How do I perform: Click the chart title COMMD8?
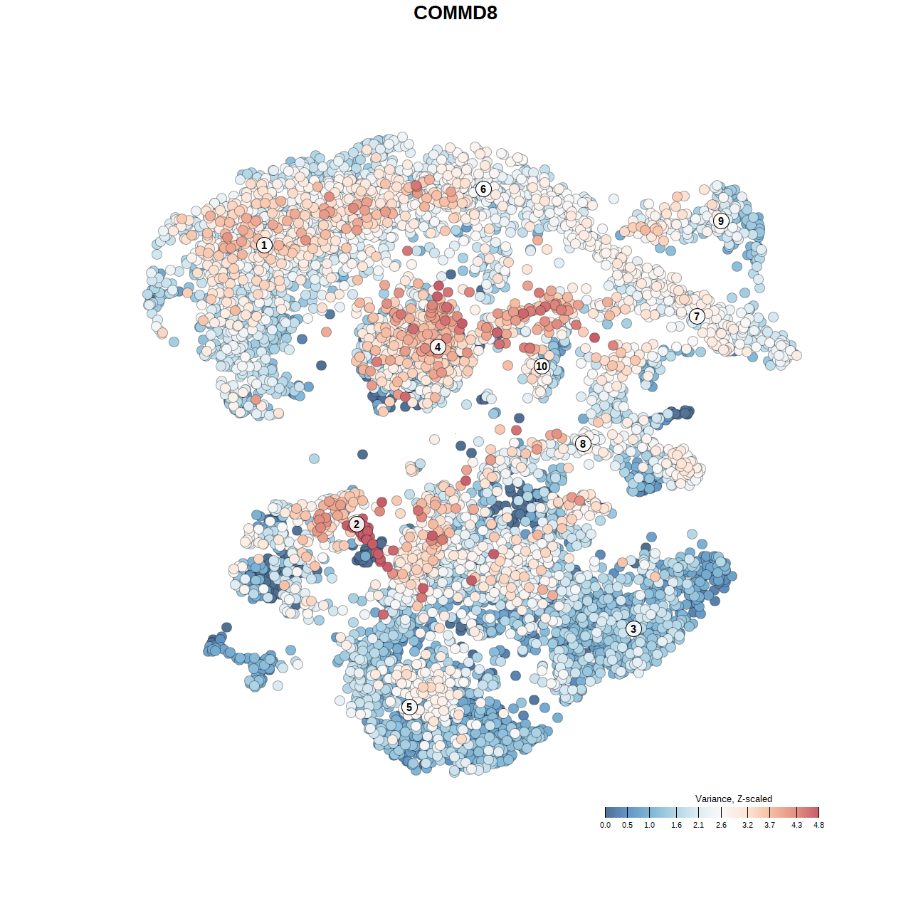(455, 13)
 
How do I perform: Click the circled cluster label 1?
(264, 245)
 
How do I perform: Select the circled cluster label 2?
(357, 525)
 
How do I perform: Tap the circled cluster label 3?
(633, 628)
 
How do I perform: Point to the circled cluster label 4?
(438, 347)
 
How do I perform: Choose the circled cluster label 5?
(409, 707)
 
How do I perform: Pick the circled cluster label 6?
(483, 189)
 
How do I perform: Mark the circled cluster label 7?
(697, 317)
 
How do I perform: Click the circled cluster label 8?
(583, 444)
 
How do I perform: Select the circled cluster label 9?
(721, 221)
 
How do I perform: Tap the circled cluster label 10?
(542, 366)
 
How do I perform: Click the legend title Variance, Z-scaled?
(733, 799)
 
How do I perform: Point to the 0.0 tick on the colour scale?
(605, 825)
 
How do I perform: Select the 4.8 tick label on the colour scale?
(818, 825)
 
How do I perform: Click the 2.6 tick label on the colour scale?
(721, 825)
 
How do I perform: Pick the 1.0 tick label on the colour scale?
(650, 825)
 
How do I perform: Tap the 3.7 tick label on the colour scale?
(769, 825)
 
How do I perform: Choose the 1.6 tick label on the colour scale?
(676, 825)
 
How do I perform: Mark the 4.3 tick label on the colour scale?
(796, 825)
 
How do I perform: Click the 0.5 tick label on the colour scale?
(627, 825)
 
